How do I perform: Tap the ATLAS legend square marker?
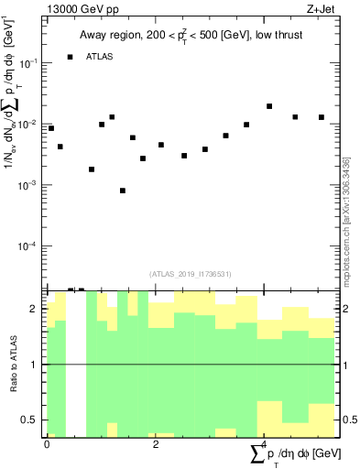click(71, 58)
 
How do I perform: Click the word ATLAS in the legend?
click(100, 58)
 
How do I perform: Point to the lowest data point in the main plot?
click(123, 191)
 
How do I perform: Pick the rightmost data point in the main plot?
click(322, 117)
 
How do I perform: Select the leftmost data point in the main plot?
click(51, 128)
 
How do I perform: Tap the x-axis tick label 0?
click(47, 443)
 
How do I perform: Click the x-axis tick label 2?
click(155, 443)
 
